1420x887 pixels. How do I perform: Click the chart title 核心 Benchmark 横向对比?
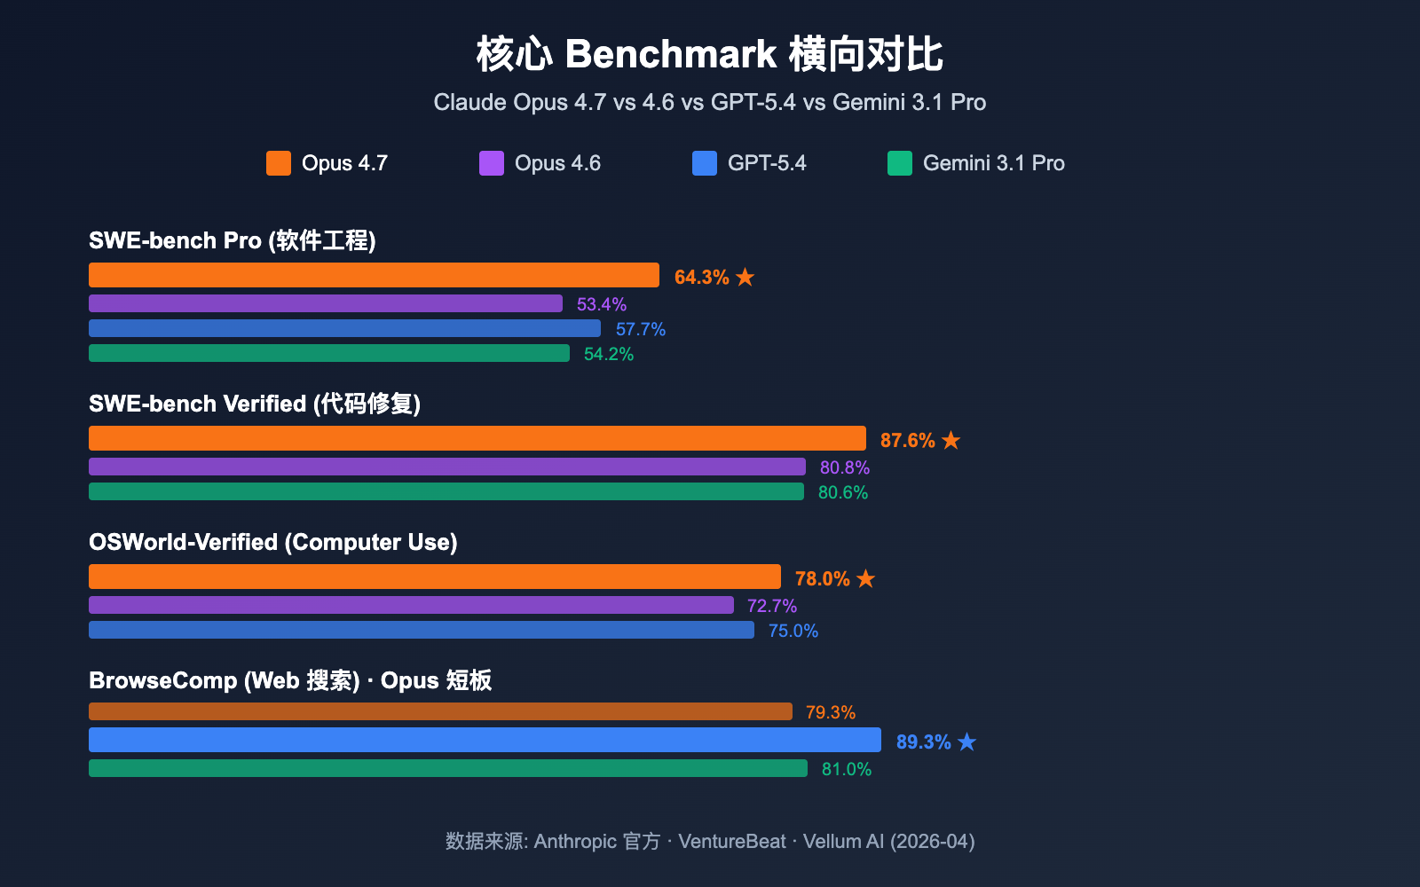[x=709, y=54]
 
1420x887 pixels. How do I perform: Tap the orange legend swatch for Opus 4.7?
[x=279, y=163]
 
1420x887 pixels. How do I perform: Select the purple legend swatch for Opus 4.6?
[x=492, y=163]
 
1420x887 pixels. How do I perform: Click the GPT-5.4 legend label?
[x=767, y=163]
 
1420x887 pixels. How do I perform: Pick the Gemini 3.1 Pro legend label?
[x=993, y=163]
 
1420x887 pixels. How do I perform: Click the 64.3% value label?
[x=701, y=277]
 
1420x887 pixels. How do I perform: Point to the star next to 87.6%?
[x=951, y=440]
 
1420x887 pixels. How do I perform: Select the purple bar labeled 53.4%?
[x=326, y=303]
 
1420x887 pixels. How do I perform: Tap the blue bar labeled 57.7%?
[x=344, y=328]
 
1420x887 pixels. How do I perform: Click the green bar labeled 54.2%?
[x=329, y=353]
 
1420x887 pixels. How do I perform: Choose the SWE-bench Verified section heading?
[x=255, y=404]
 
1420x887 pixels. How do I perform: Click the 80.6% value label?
[x=843, y=492]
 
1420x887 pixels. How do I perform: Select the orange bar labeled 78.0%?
[x=435, y=577]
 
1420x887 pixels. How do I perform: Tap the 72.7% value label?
[x=772, y=606]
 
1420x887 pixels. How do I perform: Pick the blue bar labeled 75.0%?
[x=422, y=630]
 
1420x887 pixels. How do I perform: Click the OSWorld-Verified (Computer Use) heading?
[x=273, y=542]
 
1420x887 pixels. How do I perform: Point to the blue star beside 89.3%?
[x=967, y=742]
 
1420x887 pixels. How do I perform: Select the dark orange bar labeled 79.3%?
[x=440, y=711]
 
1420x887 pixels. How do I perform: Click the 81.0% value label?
[x=847, y=769]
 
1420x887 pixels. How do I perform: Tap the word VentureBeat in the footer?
[x=731, y=841]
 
